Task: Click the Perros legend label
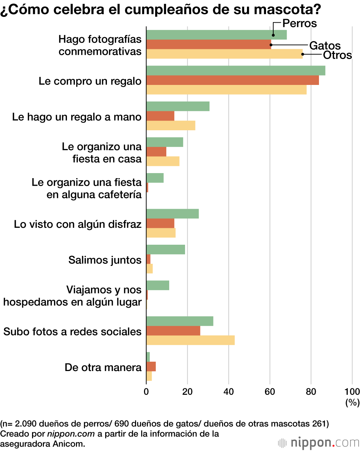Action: (x=299, y=23)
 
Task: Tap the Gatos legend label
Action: (x=325, y=46)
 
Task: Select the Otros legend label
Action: (x=337, y=55)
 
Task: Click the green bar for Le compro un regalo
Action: (x=235, y=71)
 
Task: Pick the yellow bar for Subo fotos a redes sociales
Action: (x=190, y=340)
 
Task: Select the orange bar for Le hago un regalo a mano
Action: (x=160, y=116)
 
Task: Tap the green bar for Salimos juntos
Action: (x=166, y=249)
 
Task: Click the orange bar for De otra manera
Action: (x=151, y=366)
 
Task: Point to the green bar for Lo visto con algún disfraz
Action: (x=172, y=213)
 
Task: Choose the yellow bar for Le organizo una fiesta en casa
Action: (x=163, y=161)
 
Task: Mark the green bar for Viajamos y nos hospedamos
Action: (x=158, y=285)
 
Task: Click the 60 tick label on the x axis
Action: (x=270, y=392)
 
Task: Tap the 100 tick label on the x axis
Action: (x=352, y=392)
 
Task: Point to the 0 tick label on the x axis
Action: (x=146, y=392)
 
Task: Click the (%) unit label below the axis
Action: (x=352, y=402)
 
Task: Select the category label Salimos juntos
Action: (x=105, y=260)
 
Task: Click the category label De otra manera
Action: (x=103, y=367)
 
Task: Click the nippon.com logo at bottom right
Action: (x=319, y=443)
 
